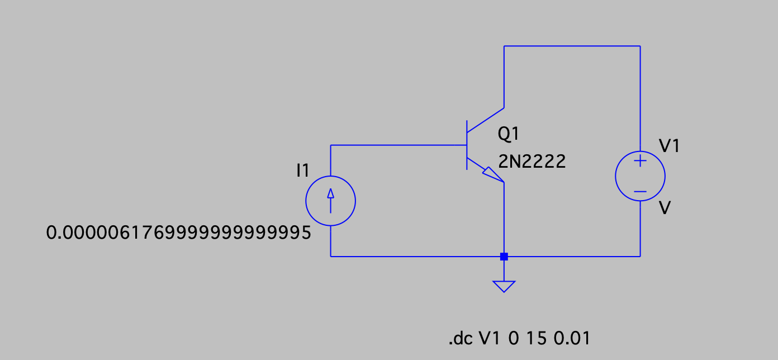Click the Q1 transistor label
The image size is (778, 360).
[509, 134]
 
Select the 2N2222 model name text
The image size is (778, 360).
[532, 162]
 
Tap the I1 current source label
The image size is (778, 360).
[302, 171]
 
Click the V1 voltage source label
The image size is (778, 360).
[670, 146]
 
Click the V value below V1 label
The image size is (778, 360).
[665, 209]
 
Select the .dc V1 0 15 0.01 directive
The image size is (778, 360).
[519, 339]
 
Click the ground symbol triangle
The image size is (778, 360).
[504, 286]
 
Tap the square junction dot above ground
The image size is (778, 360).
[504, 257]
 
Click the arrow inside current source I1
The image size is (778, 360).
[330, 200]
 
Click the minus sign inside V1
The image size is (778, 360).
[640, 191]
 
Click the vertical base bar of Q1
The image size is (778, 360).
[467, 145]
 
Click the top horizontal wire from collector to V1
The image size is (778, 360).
[572, 46]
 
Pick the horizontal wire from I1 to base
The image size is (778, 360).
[398, 145]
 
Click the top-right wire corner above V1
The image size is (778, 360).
[640, 46]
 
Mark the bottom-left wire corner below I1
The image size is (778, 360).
[331, 257]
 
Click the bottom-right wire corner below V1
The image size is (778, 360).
[640, 257]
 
